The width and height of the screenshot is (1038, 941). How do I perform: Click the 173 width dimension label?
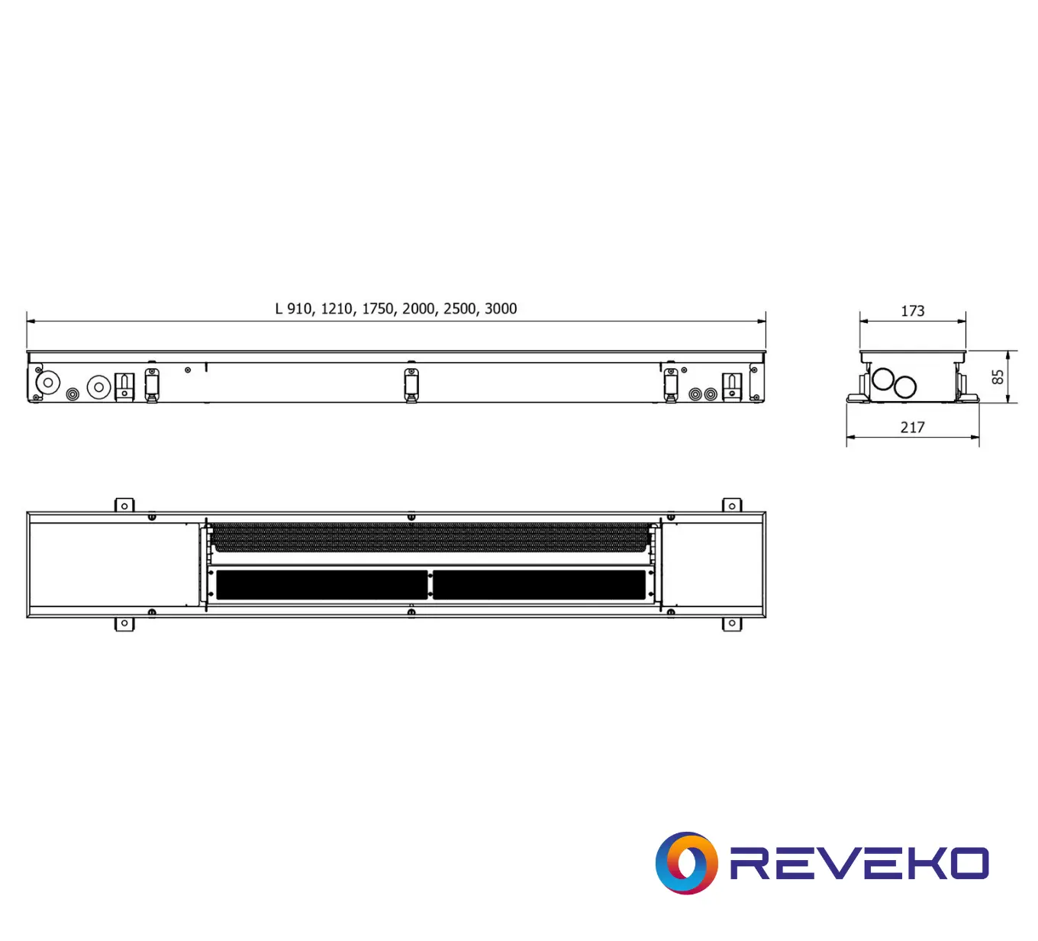(x=912, y=311)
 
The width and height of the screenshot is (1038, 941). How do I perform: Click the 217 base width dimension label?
(x=912, y=428)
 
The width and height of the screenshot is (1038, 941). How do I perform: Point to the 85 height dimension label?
(x=998, y=377)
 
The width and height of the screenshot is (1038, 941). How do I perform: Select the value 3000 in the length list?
(x=501, y=309)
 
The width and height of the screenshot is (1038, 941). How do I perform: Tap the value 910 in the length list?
(x=299, y=309)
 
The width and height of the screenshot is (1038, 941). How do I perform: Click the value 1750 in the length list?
(x=377, y=309)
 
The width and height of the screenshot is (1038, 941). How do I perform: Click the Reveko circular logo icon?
(x=686, y=863)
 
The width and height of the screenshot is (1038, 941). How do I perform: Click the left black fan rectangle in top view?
(x=321, y=585)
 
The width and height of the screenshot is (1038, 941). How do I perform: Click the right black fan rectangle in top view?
(x=539, y=585)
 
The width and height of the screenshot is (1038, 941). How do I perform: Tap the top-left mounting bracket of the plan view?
(x=124, y=506)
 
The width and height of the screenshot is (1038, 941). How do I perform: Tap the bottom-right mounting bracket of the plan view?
(x=732, y=624)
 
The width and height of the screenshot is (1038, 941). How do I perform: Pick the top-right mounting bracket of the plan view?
(x=732, y=506)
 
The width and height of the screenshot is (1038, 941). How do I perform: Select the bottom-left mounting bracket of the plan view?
(x=124, y=624)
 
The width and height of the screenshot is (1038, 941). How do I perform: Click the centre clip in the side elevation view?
(x=411, y=383)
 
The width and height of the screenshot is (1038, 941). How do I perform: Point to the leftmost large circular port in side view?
(x=48, y=382)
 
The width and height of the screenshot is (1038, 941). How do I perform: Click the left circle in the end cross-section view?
(x=883, y=379)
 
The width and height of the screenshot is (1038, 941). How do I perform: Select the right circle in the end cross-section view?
(x=905, y=387)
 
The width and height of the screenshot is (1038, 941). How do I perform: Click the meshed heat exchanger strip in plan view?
(x=431, y=537)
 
